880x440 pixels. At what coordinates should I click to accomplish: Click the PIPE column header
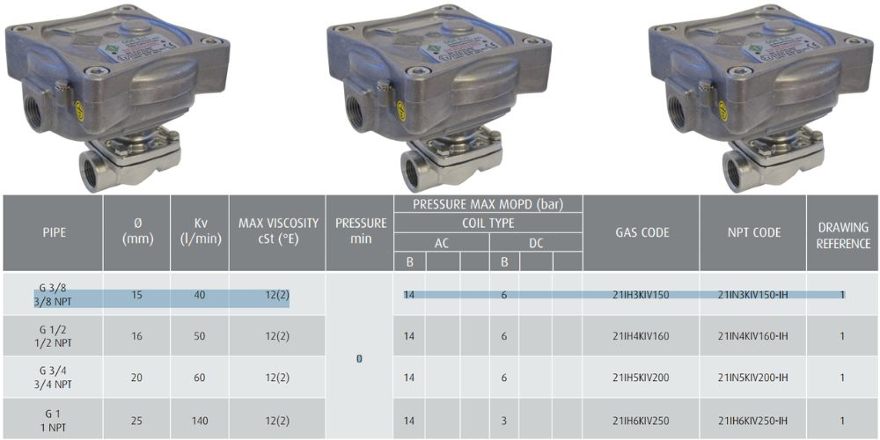54,233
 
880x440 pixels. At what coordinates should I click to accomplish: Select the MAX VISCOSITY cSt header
276,233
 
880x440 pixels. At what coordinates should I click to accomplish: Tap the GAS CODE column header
642,233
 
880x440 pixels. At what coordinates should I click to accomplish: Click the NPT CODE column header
753,233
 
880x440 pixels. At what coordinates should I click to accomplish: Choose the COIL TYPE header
488,224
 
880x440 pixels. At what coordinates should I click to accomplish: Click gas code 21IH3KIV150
642,295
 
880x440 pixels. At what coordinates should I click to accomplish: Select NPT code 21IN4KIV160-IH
753,336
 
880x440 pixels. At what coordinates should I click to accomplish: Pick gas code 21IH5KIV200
642,378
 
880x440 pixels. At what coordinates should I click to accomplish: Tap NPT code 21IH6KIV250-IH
753,421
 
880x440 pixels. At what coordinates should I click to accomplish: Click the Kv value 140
200,421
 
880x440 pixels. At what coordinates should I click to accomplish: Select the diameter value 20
136,378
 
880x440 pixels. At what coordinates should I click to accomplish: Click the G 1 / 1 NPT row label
54,421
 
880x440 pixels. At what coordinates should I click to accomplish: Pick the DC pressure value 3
504,421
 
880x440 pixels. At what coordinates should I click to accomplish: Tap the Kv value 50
200,336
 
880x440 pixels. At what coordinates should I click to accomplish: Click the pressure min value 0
359,359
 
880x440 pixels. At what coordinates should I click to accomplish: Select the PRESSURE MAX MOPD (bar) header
488,204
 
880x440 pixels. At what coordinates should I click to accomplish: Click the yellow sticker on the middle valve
401,110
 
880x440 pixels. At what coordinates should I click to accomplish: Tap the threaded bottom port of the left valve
92,168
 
